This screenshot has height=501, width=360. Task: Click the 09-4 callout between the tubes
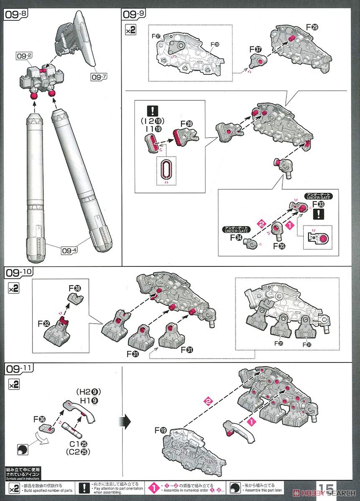70,251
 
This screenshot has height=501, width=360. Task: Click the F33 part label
321,205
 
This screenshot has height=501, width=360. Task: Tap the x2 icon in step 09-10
14,288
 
